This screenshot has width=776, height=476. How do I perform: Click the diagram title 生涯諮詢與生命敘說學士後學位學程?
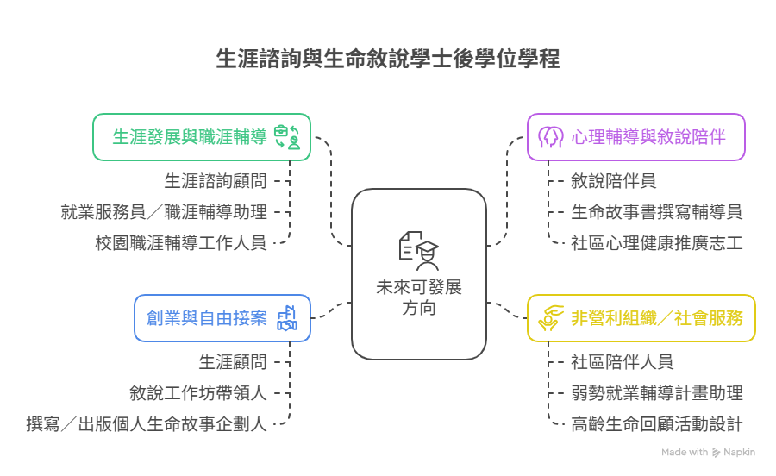388,59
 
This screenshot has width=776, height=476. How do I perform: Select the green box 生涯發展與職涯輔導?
201,137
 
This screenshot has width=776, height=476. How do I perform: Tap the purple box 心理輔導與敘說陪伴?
636,137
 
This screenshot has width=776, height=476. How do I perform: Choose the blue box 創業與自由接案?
222,318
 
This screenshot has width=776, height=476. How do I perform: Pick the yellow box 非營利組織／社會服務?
641,318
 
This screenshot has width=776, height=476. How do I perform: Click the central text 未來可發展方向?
419,297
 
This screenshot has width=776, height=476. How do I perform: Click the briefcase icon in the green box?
286,137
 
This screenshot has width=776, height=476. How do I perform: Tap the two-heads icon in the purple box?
550,137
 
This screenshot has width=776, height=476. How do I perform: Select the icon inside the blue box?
287,318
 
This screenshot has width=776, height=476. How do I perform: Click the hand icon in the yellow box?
549,318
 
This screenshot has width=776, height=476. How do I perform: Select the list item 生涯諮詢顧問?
216,181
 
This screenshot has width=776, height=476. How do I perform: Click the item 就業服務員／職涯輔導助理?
164,211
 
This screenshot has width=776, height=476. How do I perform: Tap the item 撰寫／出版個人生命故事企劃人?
147,423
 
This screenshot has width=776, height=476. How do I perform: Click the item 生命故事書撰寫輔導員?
656,211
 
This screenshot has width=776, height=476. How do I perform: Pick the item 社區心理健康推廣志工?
656,242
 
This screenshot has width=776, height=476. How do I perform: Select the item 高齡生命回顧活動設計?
656,423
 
